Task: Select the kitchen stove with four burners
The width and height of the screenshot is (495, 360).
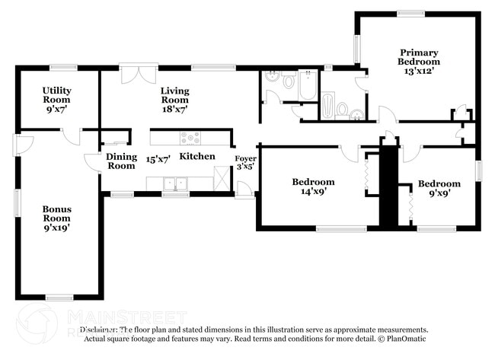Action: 190,138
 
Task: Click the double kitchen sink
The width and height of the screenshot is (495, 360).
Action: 176,183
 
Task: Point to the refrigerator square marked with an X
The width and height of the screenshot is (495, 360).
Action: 222,180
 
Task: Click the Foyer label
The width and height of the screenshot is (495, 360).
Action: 245,158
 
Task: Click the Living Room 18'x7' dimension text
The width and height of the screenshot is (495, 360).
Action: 174,109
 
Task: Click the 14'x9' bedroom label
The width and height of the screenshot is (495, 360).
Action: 313,193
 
